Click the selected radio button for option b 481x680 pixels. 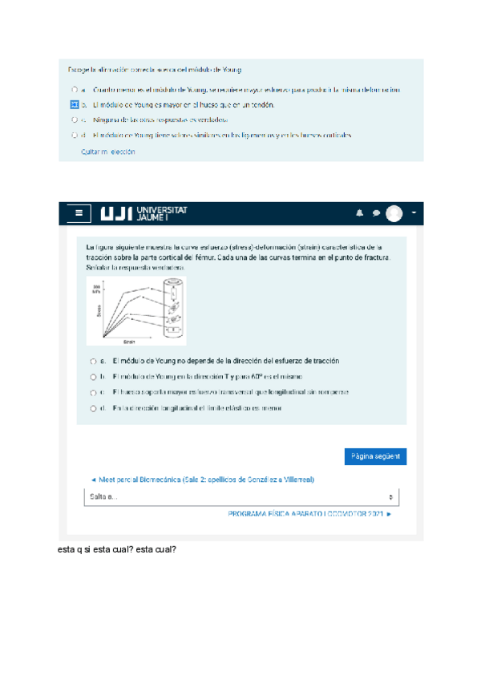click(x=74, y=104)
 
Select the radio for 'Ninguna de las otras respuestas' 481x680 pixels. click(x=74, y=119)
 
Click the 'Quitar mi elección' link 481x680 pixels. click(x=108, y=152)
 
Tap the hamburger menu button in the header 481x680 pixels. click(x=78, y=213)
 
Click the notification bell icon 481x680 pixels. click(x=360, y=213)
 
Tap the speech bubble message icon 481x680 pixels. click(x=376, y=213)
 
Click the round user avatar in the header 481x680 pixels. click(x=394, y=213)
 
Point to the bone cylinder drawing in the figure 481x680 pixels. click(x=173, y=309)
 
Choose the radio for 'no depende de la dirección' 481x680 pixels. click(x=94, y=362)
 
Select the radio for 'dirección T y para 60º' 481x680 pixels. click(x=94, y=377)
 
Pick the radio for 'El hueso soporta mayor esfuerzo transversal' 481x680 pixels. click(x=94, y=393)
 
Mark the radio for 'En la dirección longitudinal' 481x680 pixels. click(x=94, y=409)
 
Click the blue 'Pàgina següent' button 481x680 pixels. click(x=375, y=457)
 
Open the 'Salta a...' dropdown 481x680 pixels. click(x=240, y=497)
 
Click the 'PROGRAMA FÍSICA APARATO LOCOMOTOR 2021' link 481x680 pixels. click(x=309, y=514)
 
